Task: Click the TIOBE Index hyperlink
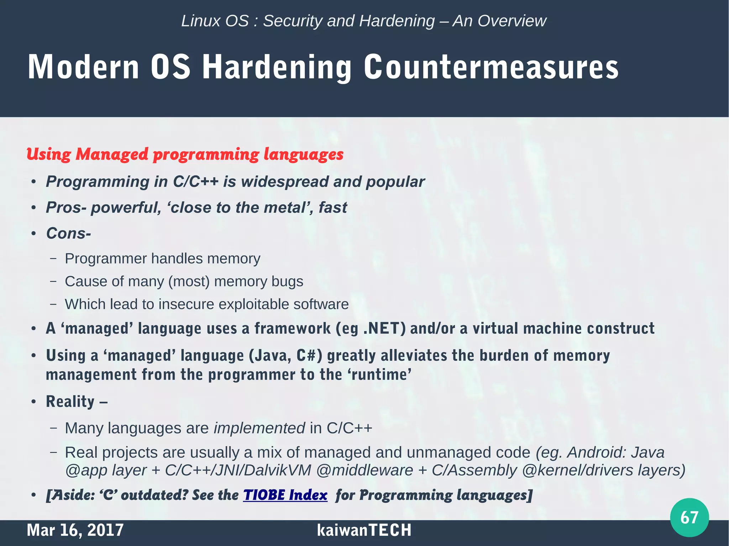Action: [x=285, y=495]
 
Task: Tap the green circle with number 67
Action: [x=689, y=517]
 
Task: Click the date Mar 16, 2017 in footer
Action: [x=75, y=530]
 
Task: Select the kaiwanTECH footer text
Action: [x=364, y=530]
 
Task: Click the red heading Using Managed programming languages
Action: [x=185, y=154]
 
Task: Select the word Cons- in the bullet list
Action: [x=69, y=233]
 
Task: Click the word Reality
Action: [x=70, y=402]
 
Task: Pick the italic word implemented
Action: [x=259, y=428]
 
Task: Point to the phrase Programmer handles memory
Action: [x=162, y=259]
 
